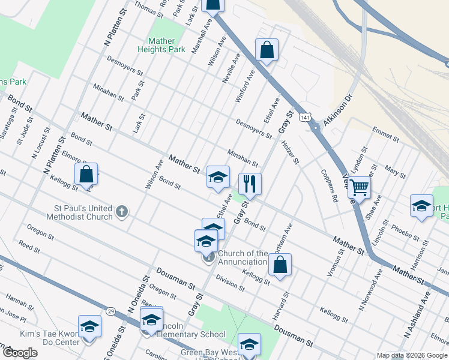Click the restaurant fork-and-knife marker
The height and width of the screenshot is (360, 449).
tap(250, 184)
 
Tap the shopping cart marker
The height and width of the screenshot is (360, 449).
tap(359, 188)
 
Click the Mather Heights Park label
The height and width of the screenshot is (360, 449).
tap(162, 45)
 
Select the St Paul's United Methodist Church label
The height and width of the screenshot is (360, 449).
tap(82, 212)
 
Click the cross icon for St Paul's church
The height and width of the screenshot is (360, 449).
tap(122, 211)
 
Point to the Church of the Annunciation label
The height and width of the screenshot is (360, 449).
tap(243, 257)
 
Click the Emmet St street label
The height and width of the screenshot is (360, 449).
tap(385, 133)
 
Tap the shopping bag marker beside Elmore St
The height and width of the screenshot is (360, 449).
tap(86, 175)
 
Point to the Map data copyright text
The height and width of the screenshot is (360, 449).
tap(411, 355)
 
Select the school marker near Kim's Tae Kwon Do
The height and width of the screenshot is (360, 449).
tap(89, 327)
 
